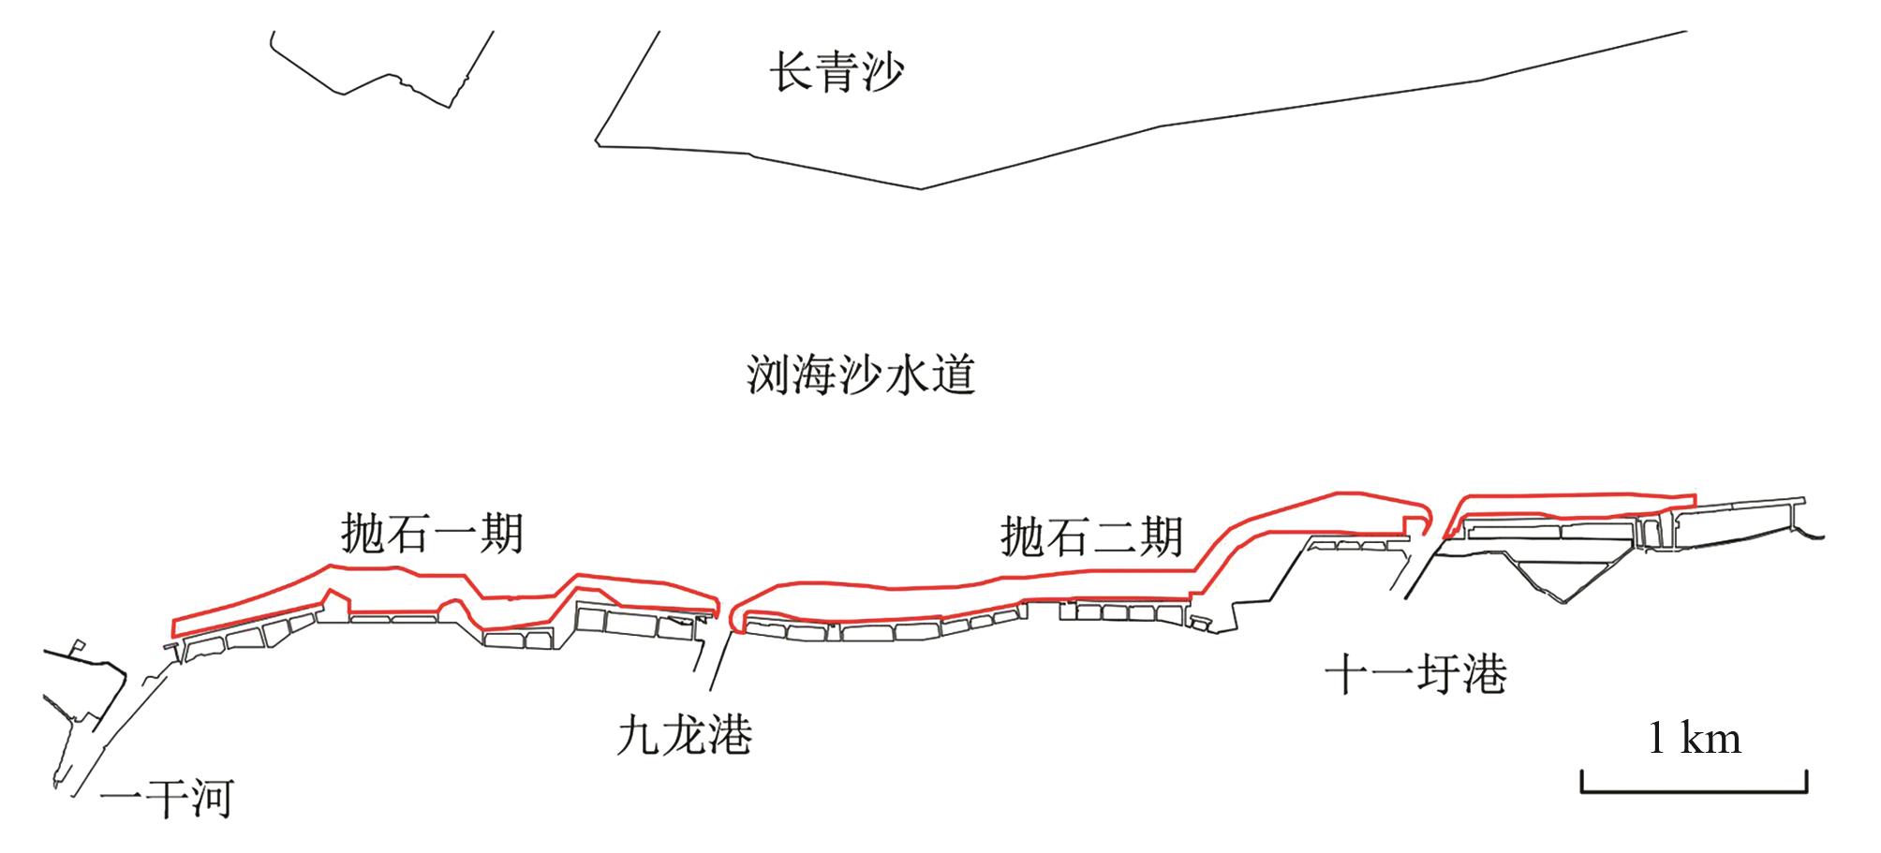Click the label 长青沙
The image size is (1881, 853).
pyautogui.click(x=837, y=72)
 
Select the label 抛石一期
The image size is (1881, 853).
pyautogui.click(x=432, y=534)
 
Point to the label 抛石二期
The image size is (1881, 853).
pyautogui.click(x=1092, y=537)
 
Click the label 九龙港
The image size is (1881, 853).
pyautogui.click(x=685, y=735)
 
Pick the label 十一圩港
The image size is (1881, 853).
pyautogui.click(x=1415, y=674)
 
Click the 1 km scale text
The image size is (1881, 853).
pyautogui.click(x=1694, y=739)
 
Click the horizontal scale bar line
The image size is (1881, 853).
pyautogui.click(x=1694, y=791)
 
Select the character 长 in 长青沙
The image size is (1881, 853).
pyautogui.click(x=792, y=72)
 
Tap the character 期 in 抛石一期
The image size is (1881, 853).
pyautogui.click(x=501, y=534)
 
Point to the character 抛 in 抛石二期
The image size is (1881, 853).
pyautogui.click(x=1023, y=537)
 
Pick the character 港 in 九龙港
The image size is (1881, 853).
pyautogui.click(x=731, y=735)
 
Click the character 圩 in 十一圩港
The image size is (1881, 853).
pyautogui.click(x=1439, y=674)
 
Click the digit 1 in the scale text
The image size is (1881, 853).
pyautogui.click(x=1657, y=740)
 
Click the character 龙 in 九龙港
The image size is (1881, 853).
pyautogui.click(x=685, y=735)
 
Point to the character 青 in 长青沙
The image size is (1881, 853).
pyautogui.click(x=837, y=72)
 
